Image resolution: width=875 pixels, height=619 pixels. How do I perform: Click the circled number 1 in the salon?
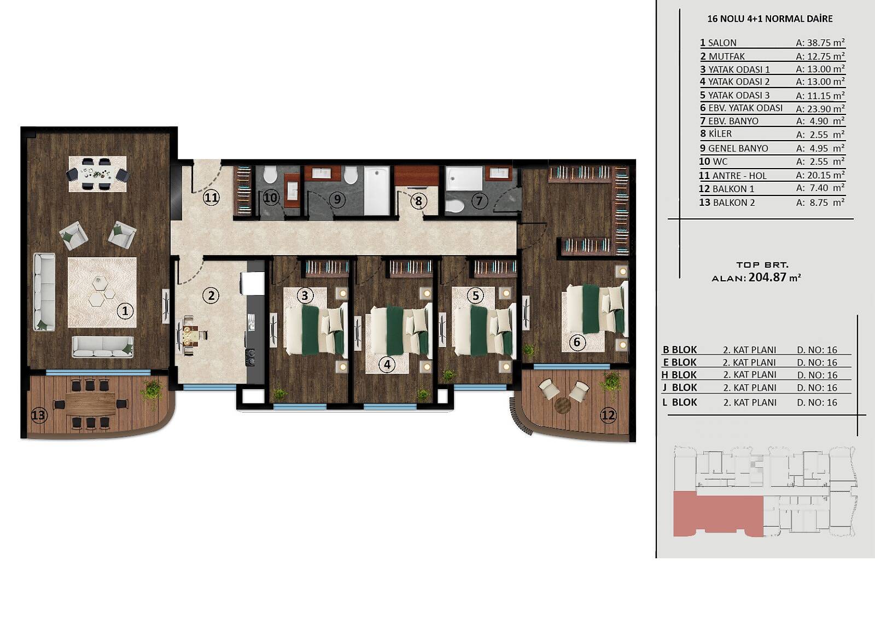(x=125, y=311)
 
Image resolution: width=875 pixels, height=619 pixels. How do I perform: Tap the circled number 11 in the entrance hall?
(x=211, y=198)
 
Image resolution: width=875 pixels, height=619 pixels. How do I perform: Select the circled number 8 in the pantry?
(x=418, y=201)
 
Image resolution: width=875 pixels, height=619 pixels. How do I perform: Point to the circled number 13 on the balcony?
(x=39, y=415)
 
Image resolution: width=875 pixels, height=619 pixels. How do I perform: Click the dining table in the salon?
(x=98, y=173)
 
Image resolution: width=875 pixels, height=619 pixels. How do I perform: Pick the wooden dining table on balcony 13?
(x=91, y=403)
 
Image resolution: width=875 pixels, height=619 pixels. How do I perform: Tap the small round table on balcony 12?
(x=563, y=404)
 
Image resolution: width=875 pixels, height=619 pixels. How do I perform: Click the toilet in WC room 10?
(x=270, y=175)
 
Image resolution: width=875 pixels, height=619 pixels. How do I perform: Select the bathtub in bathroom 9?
(x=377, y=190)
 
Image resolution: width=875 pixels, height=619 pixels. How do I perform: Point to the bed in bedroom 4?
(x=399, y=331)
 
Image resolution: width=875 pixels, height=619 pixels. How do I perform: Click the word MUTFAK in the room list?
(x=727, y=56)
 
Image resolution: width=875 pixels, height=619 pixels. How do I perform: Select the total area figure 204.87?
(x=767, y=277)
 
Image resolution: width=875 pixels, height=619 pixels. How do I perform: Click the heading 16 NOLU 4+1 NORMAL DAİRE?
(x=770, y=19)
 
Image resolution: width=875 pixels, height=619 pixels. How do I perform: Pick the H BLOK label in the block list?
(x=679, y=375)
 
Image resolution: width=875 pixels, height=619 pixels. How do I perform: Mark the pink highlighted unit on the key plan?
(x=718, y=514)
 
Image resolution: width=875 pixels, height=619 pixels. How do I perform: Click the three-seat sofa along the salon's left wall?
(x=44, y=292)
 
